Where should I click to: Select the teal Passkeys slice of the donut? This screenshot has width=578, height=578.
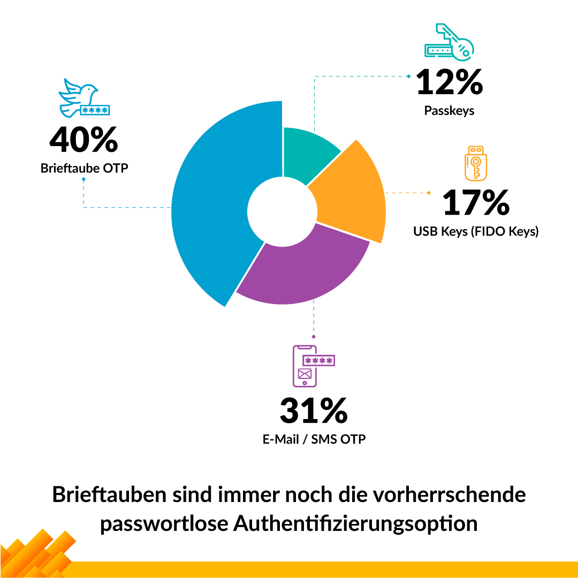(x=308, y=153)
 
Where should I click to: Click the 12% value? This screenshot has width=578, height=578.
(x=449, y=83)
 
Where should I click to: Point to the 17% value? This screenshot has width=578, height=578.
(x=476, y=203)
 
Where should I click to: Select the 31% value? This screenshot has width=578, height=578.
(x=314, y=410)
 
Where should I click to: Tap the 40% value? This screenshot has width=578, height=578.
(x=83, y=140)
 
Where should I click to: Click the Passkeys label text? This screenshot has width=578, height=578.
(x=449, y=111)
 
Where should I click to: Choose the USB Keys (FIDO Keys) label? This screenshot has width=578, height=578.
(x=476, y=232)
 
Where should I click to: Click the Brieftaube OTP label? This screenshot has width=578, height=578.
(x=85, y=168)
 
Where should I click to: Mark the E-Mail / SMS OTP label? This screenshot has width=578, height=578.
(x=314, y=439)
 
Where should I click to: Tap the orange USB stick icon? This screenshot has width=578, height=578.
(x=475, y=163)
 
